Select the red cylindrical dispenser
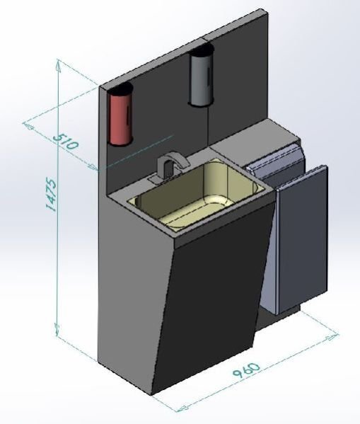tap(120, 116)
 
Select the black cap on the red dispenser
tap(121, 90)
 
